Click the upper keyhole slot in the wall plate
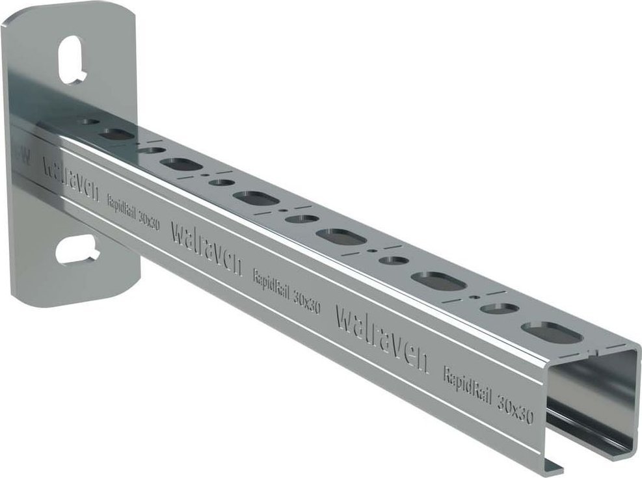[x=72, y=59]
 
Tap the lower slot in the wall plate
[x=77, y=250]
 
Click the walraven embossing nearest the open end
[x=382, y=339]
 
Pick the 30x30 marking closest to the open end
[x=515, y=407]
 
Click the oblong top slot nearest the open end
[x=551, y=332]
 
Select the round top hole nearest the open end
[x=500, y=308]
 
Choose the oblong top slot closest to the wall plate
[x=116, y=135]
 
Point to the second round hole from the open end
[x=394, y=260]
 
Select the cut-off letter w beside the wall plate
[x=23, y=155]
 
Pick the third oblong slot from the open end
[x=341, y=236]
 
